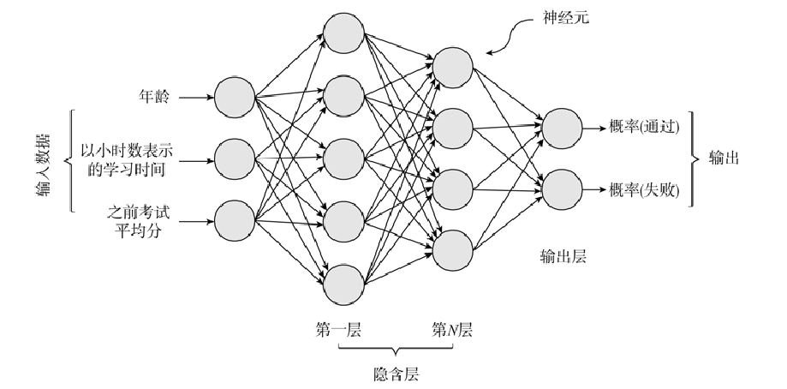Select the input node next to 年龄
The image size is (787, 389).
235,97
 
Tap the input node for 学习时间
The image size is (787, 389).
235,159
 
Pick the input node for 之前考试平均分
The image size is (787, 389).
235,222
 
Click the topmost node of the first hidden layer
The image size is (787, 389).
342,33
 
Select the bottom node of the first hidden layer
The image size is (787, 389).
342,284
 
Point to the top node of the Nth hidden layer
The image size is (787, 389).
452,66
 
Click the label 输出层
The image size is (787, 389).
563,255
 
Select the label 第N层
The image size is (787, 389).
452,330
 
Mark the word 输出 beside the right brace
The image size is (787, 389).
724,159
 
